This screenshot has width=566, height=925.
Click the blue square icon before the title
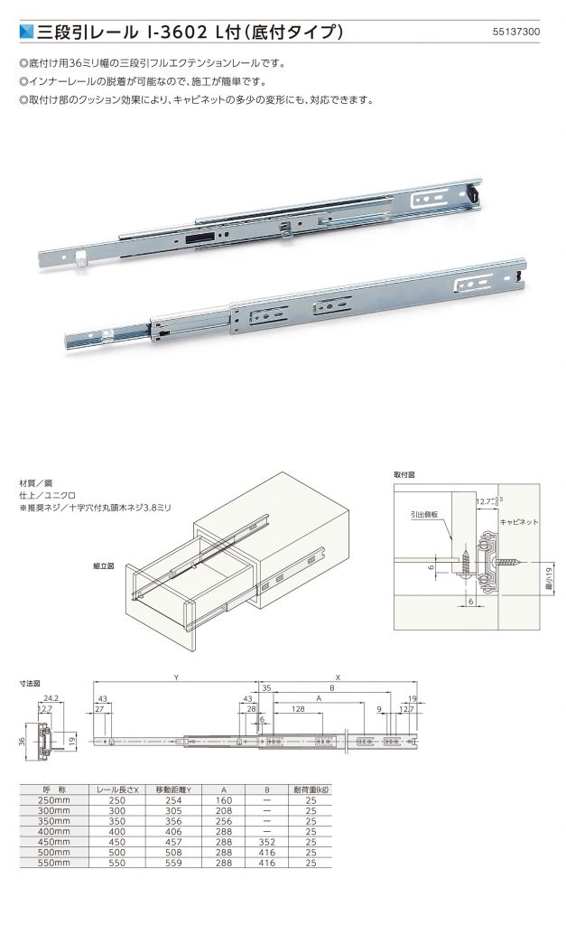pos(26,32)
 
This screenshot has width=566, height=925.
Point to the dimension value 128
pos(297,710)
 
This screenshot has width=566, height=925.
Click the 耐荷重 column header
pos(311,790)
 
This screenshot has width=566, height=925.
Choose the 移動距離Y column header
pos(173,790)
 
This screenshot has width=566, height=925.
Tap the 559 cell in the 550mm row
pos(173,864)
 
